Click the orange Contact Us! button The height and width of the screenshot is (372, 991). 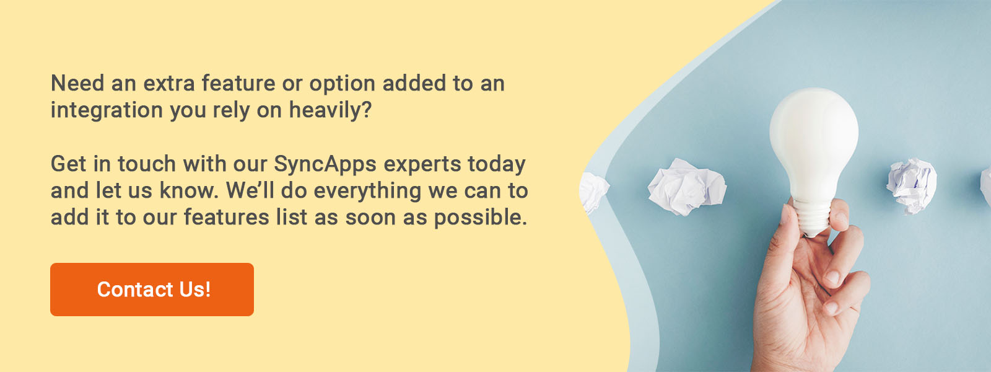pyautogui.click(x=152, y=289)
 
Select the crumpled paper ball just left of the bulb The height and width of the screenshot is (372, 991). pyautogui.click(x=686, y=187)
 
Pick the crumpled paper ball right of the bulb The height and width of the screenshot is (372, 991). pyautogui.click(x=911, y=186)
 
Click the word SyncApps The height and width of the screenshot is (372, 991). pyautogui.click(x=325, y=164)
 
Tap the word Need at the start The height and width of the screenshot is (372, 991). pyautogui.click(x=77, y=83)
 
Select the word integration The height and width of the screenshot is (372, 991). pyautogui.click(x=107, y=110)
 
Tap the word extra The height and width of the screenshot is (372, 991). pyautogui.click(x=169, y=84)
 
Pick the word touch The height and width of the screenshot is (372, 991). pyautogui.click(x=147, y=164)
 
